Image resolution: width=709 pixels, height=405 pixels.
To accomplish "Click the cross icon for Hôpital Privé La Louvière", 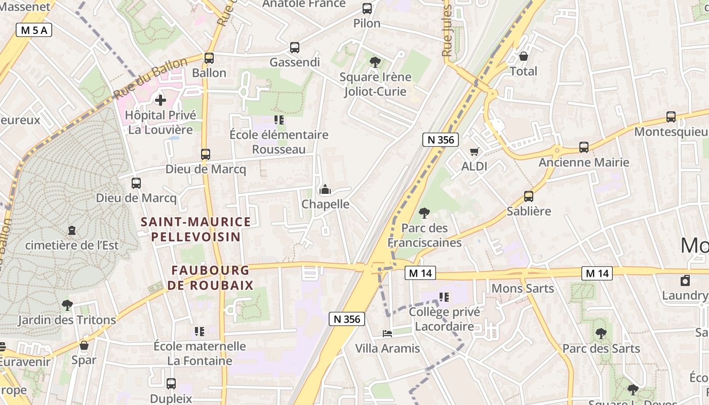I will click(161, 100).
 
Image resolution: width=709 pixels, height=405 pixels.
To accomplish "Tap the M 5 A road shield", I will click(34, 30).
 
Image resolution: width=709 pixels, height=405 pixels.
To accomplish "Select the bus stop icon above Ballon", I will click(209, 58).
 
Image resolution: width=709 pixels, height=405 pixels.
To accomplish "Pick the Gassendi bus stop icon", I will click(295, 48).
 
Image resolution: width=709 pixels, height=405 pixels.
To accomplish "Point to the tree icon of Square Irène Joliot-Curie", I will click(375, 62).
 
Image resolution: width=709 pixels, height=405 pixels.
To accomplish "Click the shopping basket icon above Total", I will click(524, 56).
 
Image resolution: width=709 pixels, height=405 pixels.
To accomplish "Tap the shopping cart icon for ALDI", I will click(475, 151).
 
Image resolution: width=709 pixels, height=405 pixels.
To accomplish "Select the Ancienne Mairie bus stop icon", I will click(584, 147).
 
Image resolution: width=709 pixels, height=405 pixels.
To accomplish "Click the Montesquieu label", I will click(671, 132).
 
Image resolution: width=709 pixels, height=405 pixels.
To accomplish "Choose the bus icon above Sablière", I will click(529, 196).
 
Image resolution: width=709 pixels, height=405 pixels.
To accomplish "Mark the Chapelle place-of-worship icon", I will click(325, 190).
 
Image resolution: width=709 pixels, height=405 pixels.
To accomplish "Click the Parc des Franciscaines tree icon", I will click(424, 213).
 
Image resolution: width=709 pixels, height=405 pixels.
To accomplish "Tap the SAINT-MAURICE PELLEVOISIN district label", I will click(195, 229).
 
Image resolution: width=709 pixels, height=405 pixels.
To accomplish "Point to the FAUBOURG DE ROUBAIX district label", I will click(210, 277).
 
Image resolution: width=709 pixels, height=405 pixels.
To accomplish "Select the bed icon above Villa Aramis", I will click(387, 334).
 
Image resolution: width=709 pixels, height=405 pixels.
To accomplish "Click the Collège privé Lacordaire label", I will click(444, 319).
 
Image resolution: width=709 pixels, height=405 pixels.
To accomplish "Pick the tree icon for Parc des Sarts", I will click(601, 334).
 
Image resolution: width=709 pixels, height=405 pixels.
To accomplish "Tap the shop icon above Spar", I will click(84, 345).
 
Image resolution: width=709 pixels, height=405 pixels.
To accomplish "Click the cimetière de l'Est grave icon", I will click(72, 230).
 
